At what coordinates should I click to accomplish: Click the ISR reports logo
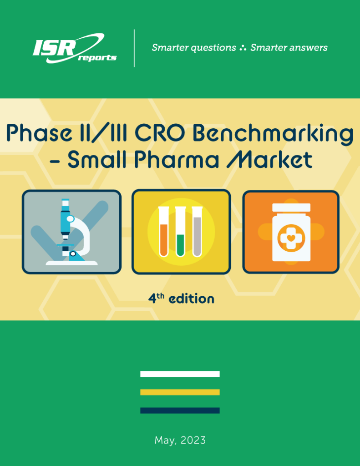[x=74, y=48]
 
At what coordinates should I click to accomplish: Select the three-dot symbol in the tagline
[x=243, y=47]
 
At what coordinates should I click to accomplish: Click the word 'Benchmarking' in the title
[x=273, y=134]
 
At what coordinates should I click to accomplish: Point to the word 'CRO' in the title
[x=160, y=133]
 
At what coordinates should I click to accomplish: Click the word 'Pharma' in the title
[x=177, y=160]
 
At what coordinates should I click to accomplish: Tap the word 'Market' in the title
[x=269, y=160]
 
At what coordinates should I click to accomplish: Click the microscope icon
[x=71, y=232]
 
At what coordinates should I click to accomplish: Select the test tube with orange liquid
[x=164, y=232]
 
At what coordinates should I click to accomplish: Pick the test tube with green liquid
[x=180, y=232]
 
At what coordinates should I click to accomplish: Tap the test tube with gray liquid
[x=197, y=232]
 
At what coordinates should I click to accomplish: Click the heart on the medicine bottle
[x=291, y=238]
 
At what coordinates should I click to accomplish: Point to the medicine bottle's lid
[x=291, y=208]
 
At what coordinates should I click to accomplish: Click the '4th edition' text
[x=181, y=299]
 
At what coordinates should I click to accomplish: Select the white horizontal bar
[x=180, y=374]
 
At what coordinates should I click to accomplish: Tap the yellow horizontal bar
[x=180, y=392]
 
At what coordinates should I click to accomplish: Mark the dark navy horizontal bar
[x=180, y=410]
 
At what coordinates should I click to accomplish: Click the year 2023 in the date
[x=193, y=440]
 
